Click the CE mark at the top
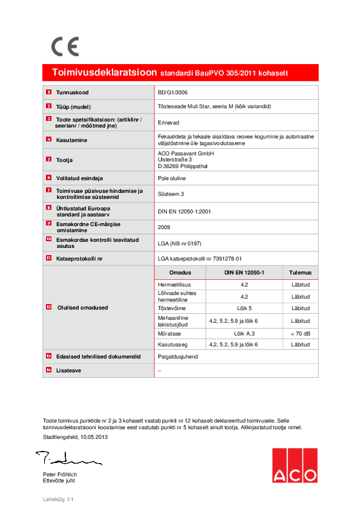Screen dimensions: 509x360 tap(64, 47)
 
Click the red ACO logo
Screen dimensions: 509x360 tap(294, 465)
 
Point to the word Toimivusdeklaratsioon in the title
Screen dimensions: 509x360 tap(105, 73)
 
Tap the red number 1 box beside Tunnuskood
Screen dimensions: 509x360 tap(48, 92)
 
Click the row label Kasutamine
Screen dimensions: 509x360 tap(72, 140)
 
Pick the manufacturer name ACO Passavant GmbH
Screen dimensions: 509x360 tap(185, 154)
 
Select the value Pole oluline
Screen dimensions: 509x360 tap(172, 178)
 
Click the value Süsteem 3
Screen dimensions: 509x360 tap(171, 194)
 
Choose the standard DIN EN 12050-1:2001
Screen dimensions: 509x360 tap(184, 210)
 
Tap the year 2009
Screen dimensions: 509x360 tap(163, 226)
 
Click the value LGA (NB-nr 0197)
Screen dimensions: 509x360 tap(180, 242)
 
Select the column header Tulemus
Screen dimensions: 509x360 tap(300, 273)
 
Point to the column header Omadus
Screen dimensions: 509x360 tap(180, 273)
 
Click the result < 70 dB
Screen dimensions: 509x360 tap(300, 333)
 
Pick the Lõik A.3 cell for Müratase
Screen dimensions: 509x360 tap(244, 333)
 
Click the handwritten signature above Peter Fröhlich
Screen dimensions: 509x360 tap(67, 459)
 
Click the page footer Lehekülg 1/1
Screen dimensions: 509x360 tap(58, 499)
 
